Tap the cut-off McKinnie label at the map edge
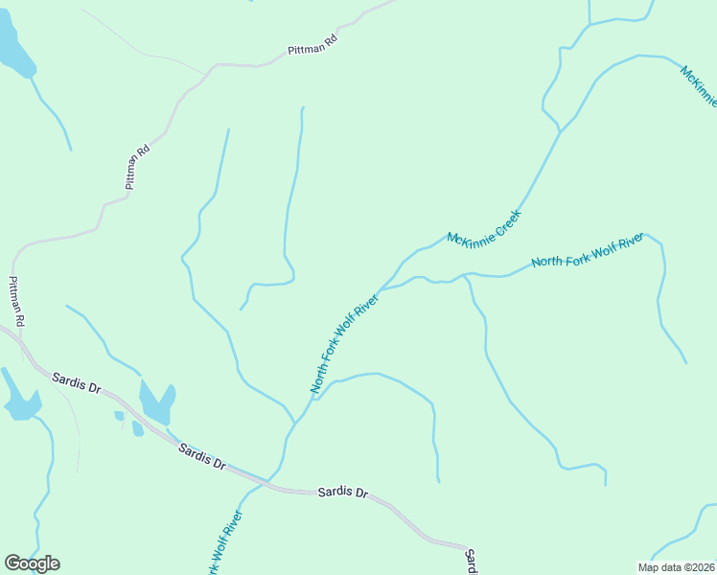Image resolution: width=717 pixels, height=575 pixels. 699,84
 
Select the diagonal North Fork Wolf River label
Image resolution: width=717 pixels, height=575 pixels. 345,343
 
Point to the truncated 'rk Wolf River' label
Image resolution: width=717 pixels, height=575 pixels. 225,543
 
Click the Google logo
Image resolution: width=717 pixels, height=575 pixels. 32,563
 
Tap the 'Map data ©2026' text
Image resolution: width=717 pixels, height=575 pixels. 676,567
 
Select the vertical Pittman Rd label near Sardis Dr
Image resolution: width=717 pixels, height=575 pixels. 16,301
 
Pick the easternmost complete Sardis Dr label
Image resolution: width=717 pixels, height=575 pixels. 343,493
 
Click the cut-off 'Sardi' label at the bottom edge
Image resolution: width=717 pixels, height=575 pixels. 471,561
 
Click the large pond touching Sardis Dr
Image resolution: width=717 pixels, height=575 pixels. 156,402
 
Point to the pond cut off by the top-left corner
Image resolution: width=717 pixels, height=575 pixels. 14,48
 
